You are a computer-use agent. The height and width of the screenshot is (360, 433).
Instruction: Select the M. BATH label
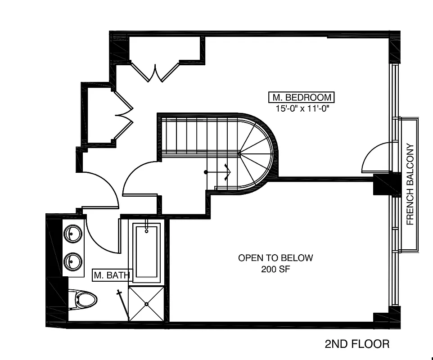click(x=112, y=275)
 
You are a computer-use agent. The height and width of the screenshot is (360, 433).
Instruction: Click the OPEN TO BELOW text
click(x=275, y=258)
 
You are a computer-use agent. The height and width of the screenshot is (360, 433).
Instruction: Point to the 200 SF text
click(x=275, y=270)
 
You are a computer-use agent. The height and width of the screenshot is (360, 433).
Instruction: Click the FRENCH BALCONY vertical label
click(x=410, y=184)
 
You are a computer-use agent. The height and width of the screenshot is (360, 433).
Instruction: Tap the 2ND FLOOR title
click(x=357, y=344)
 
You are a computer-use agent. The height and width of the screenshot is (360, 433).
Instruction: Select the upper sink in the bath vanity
click(x=73, y=234)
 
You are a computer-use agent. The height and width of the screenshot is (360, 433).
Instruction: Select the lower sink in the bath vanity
click(x=73, y=261)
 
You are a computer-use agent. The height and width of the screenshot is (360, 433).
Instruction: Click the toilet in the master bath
click(x=85, y=299)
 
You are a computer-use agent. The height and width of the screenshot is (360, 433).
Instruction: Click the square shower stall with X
click(x=146, y=304)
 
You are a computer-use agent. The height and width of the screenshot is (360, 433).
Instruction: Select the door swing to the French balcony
click(x=376, y=158)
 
